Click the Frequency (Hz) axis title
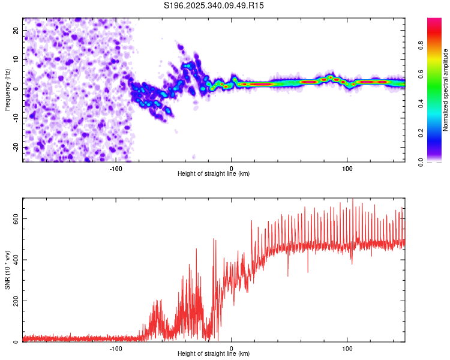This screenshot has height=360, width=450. [7, 89]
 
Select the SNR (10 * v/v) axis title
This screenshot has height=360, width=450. [7, 269]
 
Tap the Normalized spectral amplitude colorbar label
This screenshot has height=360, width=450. [445, 90]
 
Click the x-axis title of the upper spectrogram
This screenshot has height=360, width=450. [214, 174]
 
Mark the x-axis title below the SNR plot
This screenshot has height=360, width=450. [214, 354]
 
